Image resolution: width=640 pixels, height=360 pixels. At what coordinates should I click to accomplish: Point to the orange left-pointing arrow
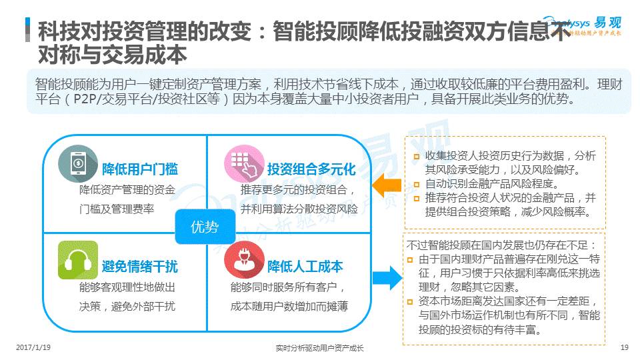tap(385, 185)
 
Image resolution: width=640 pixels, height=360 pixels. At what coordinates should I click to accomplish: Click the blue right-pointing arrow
tap(385, 277)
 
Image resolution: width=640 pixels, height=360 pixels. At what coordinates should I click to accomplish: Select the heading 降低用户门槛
tap(140, 169)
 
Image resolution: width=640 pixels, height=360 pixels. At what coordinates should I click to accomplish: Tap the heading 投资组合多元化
tap(311, 169)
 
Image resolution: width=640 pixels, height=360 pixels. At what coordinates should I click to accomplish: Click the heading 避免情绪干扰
tap(140, 267)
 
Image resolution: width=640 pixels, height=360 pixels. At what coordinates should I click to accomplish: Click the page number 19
tap(624, 347)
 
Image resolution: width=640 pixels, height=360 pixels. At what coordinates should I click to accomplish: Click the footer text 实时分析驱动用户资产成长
tap(319, 348)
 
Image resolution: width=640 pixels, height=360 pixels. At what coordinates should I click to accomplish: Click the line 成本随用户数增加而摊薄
tap(289, 307)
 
